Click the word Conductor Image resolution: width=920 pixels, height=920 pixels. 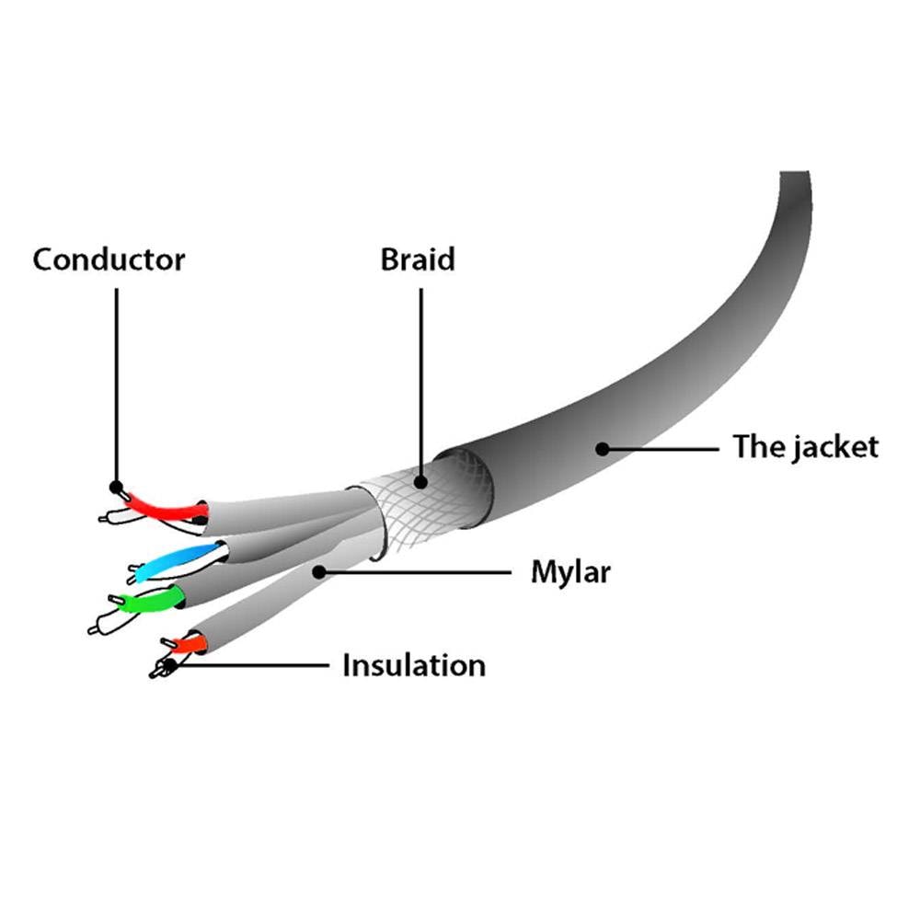point(109,260)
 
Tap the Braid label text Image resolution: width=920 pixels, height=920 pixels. point(418,259)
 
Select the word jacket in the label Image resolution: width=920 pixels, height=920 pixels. point(834,448)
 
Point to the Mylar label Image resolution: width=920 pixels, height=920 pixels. point(570,572)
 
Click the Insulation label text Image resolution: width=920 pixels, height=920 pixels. point(414,665)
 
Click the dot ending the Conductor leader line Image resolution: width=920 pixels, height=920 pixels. point(116,487)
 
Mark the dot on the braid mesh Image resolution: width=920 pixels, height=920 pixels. point(420,482)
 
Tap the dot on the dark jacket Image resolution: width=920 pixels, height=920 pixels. point(603,449)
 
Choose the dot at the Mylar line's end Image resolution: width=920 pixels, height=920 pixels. point(319,571)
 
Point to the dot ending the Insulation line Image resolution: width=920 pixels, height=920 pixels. point(169,665)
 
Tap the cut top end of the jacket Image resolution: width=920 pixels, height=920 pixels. point(795,172)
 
